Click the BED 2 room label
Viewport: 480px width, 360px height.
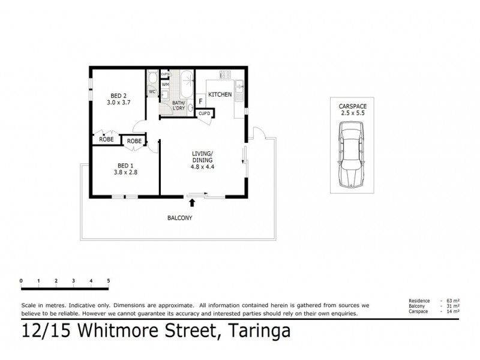coord(118,95)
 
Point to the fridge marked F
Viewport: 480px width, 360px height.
coord(200,102)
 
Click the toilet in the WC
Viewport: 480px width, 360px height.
coord(152,79)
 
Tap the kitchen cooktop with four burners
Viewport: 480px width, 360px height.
coord(226,76)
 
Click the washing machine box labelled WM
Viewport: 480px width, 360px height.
coord(165,85)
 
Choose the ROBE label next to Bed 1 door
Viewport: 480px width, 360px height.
coord(135,141)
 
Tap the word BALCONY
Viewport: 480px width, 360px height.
coord(180,218)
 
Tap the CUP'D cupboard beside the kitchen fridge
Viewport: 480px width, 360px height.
coord(204,113)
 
